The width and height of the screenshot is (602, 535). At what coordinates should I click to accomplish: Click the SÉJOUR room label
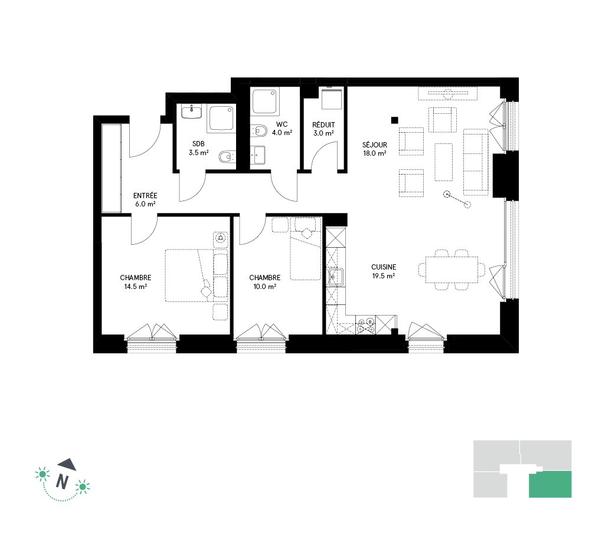pos(374,149)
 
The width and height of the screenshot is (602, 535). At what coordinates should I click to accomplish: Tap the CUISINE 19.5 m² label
pos(384,271)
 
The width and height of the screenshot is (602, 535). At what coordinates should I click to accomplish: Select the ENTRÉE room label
pos(145,199)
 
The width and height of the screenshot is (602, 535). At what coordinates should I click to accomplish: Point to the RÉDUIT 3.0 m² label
pos(323,129)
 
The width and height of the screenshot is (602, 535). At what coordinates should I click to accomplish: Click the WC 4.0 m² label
pos(282,129)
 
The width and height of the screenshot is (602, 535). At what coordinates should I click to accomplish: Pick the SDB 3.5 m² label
pos(198,148)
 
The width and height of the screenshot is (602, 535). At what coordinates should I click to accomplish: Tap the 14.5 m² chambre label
pos(136,282)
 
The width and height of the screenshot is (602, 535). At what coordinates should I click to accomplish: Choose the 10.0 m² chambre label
pos(264,282)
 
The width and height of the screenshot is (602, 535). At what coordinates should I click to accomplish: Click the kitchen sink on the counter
pos(336,277)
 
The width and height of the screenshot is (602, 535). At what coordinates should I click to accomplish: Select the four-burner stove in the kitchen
pos(365,325)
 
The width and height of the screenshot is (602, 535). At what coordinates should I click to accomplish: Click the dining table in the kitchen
pos(451,270)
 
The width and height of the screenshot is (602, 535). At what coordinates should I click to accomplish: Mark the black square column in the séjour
pos(394,120)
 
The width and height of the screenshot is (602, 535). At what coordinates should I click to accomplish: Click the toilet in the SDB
pos(227,156)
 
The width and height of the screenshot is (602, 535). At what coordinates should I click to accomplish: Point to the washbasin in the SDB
pos(192,112)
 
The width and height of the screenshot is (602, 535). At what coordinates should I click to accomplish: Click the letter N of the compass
pos(63,481)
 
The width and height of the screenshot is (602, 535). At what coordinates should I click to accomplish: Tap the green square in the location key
pos(550,484)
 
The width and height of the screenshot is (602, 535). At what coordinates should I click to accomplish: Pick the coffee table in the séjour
pos(443,162)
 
